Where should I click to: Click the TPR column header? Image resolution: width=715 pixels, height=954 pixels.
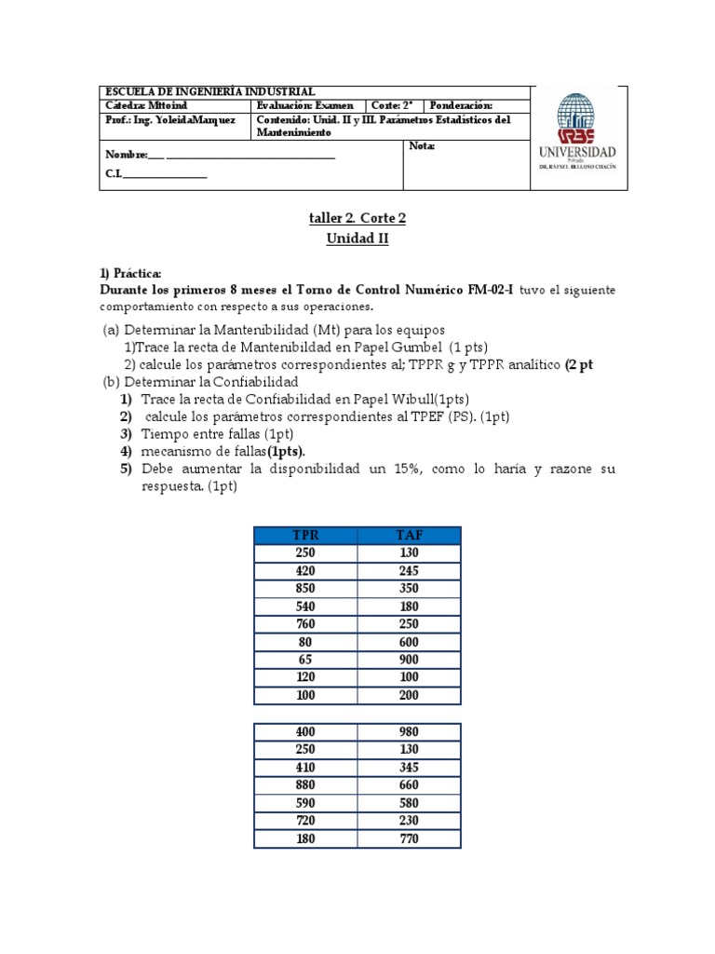pyautogui.click(x=305, y=535)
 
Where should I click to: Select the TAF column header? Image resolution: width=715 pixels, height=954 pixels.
pyautogui.click(x=409, y=535)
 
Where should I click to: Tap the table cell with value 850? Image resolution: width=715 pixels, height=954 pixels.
pyautogui.click(x=305, y=588)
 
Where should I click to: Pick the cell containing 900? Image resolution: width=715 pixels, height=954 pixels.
pyautogui.click(x=409, y=659)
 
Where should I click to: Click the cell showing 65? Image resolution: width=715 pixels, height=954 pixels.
pyautogui.click(x=305, y=659)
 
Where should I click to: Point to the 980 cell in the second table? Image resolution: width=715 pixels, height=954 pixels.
pyautogui.click(x=409, y=731)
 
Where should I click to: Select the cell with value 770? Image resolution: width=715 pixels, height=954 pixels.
pyautogui.click(x=409, y=838)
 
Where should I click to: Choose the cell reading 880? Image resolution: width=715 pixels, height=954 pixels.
pyautogui.click(x=305, y=785)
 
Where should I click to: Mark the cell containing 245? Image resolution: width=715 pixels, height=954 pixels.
pyautogui.click(x=409, y=570)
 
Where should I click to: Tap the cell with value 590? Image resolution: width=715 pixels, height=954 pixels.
pyautogui.click(x=305, y=803)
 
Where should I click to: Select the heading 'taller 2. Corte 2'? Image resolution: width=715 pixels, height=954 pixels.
pyautogui.click(x=357, y=218)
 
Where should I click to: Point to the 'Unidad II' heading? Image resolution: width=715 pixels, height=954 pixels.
pyautogui.click(x=357, y=238)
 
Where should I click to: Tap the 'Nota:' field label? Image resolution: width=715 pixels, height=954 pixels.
pyautogui.click(x=422, y=147)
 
